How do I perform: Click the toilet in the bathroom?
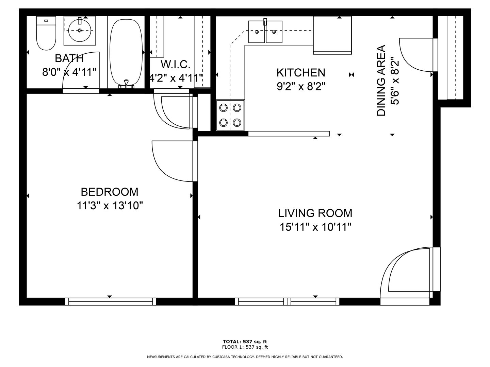[46, 33]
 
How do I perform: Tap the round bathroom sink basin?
[80, 30]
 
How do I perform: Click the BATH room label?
[69, 58]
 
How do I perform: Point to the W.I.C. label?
[176, 65]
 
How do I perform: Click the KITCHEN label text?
[301, 73]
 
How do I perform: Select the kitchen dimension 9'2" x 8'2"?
[301, 86]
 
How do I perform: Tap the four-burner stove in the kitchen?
[230, 115]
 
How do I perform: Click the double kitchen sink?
[265, 32]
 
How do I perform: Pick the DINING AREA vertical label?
[381, 81]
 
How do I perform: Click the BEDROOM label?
[109, 192]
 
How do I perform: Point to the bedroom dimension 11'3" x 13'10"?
[110, 206]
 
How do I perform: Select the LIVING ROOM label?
[315, 213]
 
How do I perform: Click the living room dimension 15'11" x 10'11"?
[315, 227]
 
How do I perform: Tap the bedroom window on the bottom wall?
[111, 301]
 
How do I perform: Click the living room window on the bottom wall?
[287, 301]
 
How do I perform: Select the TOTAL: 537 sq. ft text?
[245, 342]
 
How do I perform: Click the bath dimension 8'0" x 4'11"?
[69, 72]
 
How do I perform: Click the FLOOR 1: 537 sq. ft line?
[245, 347]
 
